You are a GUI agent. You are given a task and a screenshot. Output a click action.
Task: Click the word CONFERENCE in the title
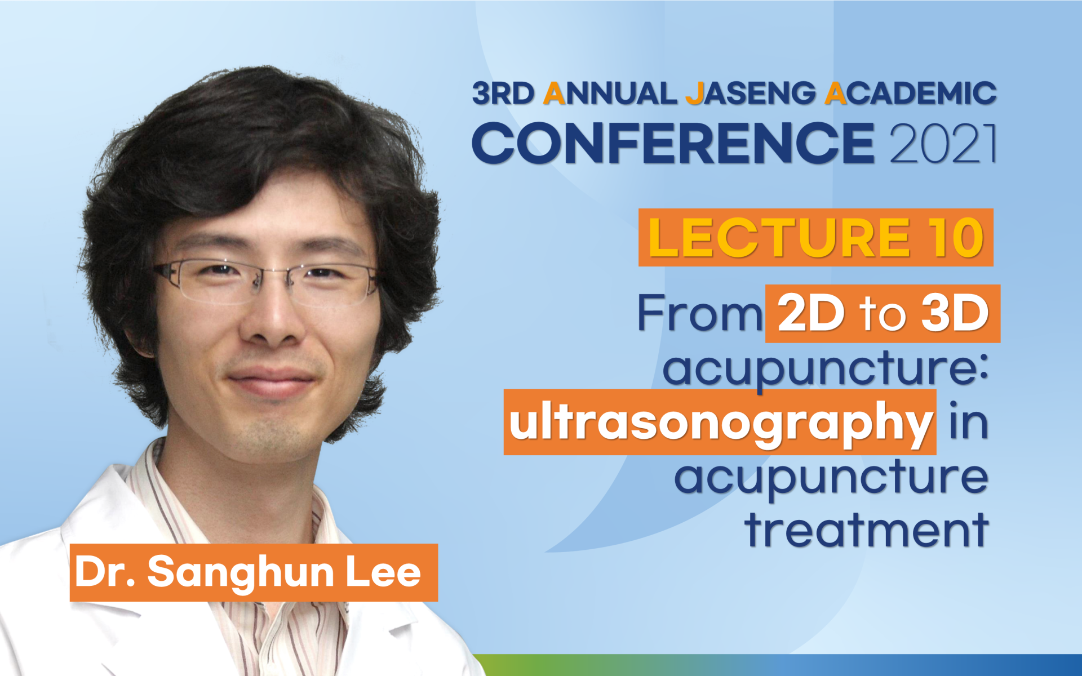pyautogui.click(x=673, y=143)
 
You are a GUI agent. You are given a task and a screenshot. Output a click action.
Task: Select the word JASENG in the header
pyautogui.click(x=750, y=94)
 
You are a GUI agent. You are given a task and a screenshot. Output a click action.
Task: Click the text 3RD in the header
pyautogui.click(x=503, y=94)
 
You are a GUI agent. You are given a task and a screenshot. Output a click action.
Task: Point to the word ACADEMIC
pyautogui.click(x=911, y=94)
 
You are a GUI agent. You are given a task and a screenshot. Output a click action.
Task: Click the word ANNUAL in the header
pyautogui.click(x=610, y=94)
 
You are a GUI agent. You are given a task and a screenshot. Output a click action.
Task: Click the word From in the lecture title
pyautogui.click(x=700, y=313)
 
